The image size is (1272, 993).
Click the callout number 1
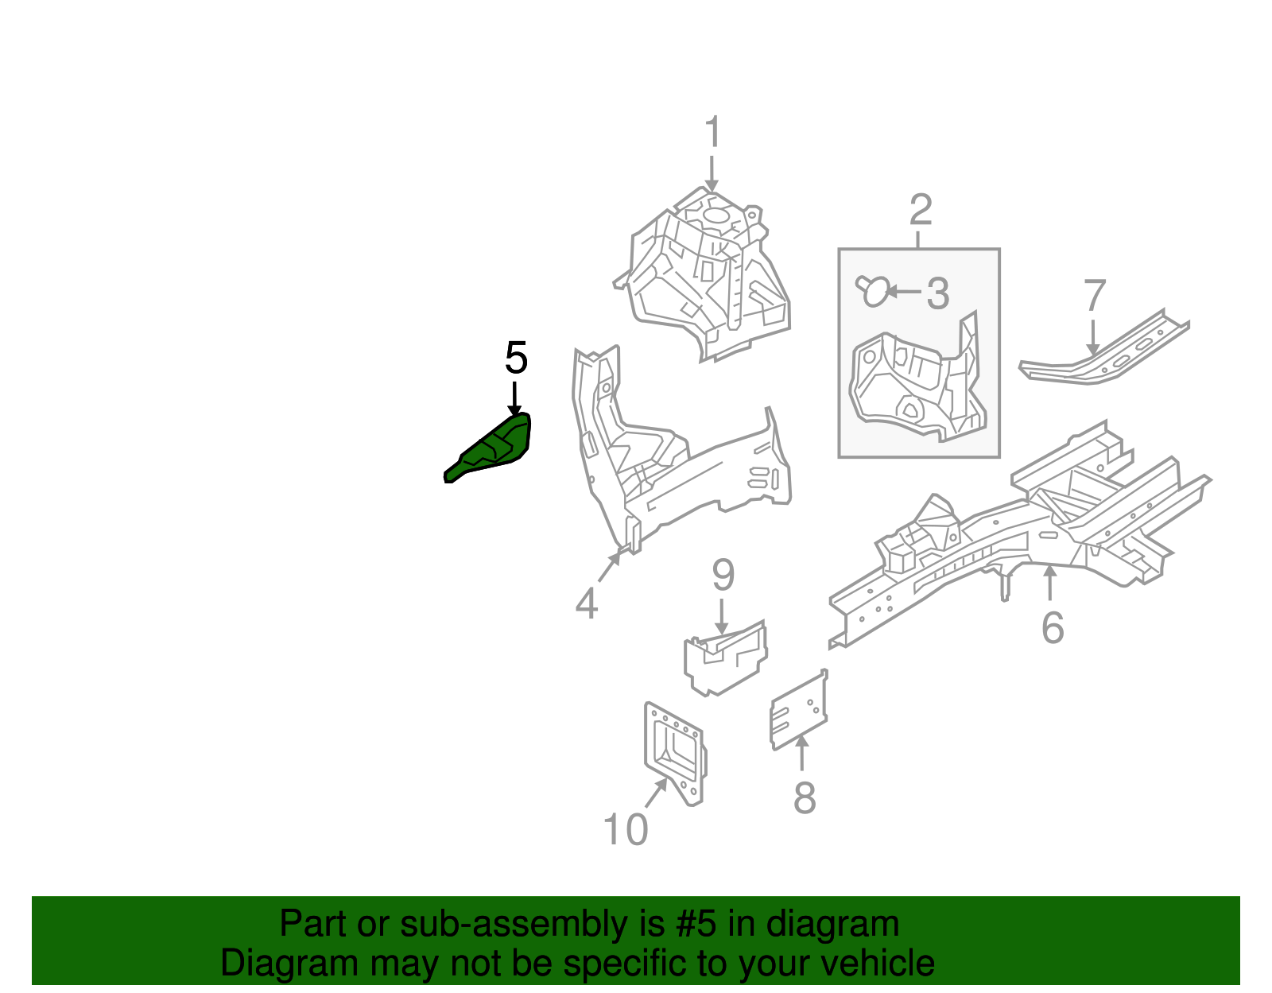712,132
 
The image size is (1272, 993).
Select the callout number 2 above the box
920,210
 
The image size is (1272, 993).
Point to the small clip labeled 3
873,291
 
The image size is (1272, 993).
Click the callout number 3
938,293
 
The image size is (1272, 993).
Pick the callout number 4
586,603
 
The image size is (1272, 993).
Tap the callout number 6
1052,628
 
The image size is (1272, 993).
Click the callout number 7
1095,297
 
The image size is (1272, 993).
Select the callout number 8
804,797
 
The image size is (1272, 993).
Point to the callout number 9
723,575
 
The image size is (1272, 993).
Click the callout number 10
626,830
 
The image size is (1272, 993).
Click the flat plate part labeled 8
799,711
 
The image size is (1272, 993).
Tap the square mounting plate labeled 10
674,751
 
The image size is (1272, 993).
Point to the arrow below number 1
712,173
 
